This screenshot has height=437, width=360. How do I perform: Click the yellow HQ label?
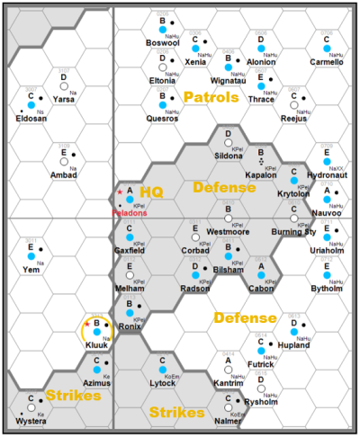tap(150, 193)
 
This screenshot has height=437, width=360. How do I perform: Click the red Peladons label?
tap(128, 213)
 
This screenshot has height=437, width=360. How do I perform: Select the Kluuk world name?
tap(96, 345)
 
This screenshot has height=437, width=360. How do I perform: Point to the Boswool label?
tap(163, 42)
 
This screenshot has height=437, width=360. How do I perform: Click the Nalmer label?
tap(228, 420)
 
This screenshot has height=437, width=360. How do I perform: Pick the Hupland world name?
tap(294, 344)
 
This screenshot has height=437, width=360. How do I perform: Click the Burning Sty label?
tap(293, 232)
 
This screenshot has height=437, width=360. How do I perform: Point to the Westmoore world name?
tap(228, 232)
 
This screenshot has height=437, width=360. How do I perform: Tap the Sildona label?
tap(228, 156)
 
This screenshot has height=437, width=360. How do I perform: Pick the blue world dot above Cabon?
tap(261, 278)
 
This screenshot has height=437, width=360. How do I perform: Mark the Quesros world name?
tap(162, 118)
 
